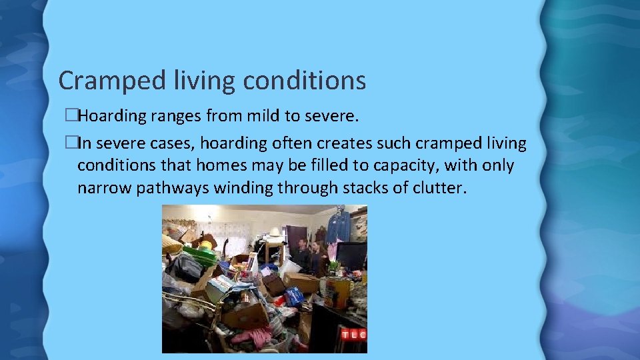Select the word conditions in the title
click(x=304, y=81)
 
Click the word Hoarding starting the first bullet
click(x=110, y=117)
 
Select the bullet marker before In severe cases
click(x=72, y=143)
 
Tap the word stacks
click(x=366, y=188)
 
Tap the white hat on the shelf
click(x=273, y=234)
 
